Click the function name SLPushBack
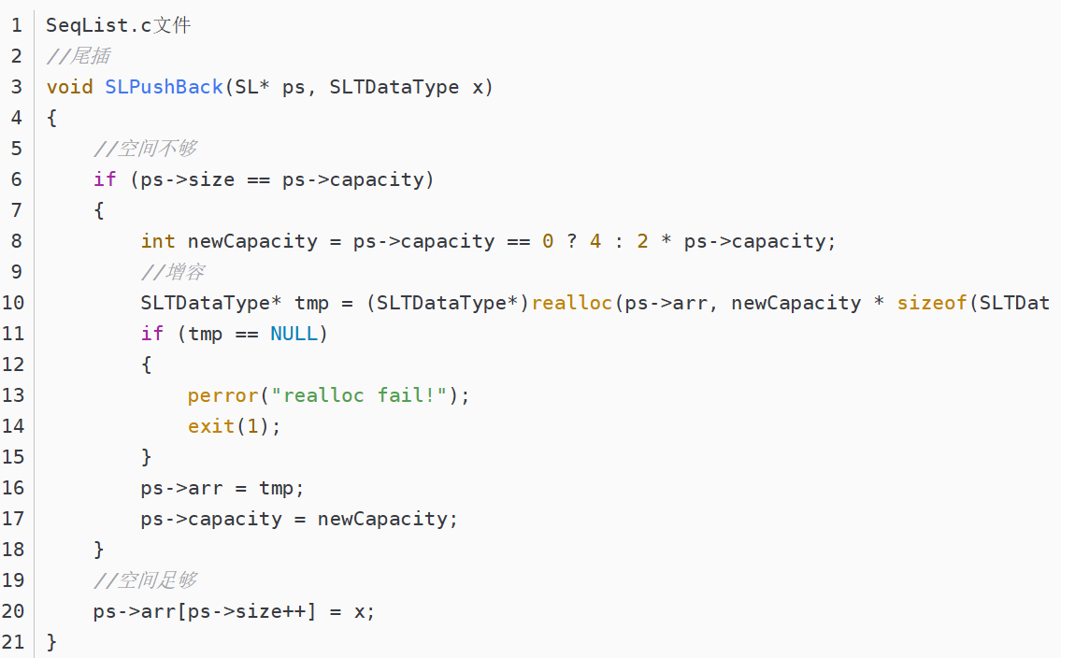pos(164,87)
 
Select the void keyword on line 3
pos(69,87)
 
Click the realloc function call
pos(571,303)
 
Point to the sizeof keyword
pos(932,303)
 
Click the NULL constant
pos(294,334)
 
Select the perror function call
pos(222,395)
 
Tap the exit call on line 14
pos(211,426)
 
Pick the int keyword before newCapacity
pos(158,241)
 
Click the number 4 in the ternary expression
pos(595,241)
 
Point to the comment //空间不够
pos(145,149)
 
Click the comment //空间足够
pos(145,580)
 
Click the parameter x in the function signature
pos(478,87)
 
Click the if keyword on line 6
pos(105,179)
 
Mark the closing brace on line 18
pos(99,550)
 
